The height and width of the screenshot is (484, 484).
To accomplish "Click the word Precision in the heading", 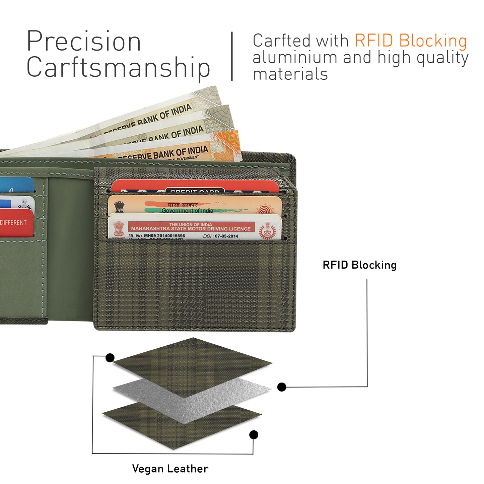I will tap(84, 42).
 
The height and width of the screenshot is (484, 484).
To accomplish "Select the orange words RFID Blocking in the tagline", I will tap(411, 41).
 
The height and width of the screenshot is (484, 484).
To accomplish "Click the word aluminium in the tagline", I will tap(295, 57).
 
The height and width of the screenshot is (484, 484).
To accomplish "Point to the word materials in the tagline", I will tap(290, 74).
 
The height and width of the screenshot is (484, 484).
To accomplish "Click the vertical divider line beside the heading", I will tap(232, 56).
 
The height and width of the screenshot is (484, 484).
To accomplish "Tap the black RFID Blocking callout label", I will tap(359, 265).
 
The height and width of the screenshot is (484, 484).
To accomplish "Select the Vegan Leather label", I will tap(170, 469).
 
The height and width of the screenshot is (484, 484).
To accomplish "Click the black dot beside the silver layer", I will tap(282, 387).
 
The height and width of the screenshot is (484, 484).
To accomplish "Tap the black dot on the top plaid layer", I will tap(110, 358).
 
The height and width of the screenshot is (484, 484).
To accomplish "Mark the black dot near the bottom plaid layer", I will tap(254, 435).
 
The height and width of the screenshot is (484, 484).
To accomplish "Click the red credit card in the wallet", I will tap(194, 186).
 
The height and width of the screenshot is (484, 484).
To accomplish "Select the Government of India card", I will tap(194, 205).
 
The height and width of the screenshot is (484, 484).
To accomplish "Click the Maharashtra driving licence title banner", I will tap(191, 227).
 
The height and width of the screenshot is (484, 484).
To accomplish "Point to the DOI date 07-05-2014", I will tap(226, 236).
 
